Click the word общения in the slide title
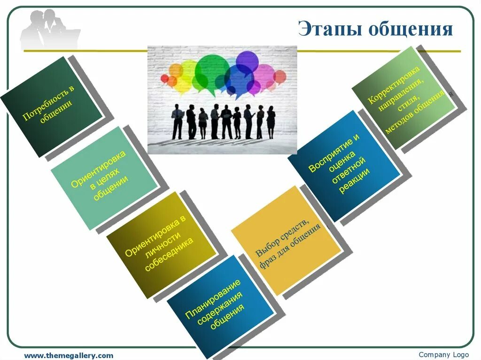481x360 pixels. coord(410,29)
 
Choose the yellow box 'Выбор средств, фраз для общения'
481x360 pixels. coord(286,240)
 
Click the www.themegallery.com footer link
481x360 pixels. coord(69,355)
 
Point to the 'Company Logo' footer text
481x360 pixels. coord(443,354)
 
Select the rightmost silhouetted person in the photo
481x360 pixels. coord(271,122)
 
